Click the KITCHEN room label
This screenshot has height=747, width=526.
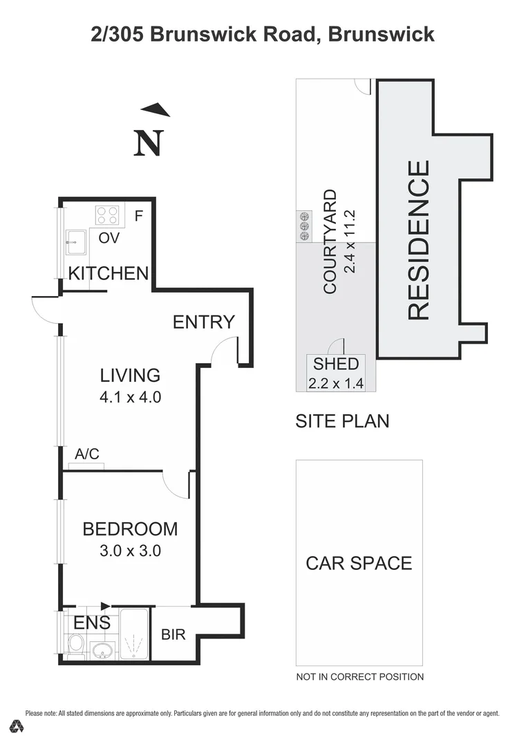(109, 273)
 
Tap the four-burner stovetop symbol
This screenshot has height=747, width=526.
(107, 216)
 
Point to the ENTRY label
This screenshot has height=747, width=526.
(204, 322)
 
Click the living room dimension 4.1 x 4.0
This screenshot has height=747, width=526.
(130, 398)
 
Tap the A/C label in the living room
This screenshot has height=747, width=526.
(87, 454)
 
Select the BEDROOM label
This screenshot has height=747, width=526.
(130, 529)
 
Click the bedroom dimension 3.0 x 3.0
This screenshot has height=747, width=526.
(130, 551)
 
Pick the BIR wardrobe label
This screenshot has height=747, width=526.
(173, 634)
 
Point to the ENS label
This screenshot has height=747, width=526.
(92, 623)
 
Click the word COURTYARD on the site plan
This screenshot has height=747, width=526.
(330, 241)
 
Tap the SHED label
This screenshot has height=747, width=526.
(336, 364)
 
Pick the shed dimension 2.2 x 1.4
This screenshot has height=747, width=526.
(336, 383)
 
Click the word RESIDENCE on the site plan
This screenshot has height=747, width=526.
(419, 240)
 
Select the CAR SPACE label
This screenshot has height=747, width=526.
(359, 563)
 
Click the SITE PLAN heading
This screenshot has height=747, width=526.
(342, 421)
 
